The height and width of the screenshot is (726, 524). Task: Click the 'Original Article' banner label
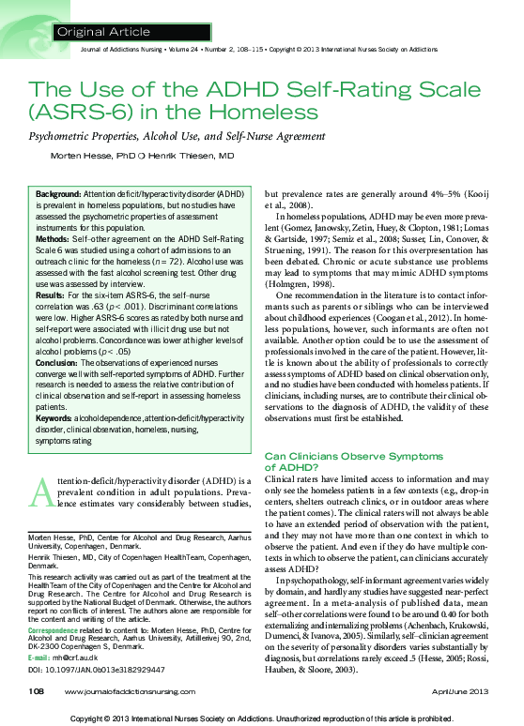click(103, 32)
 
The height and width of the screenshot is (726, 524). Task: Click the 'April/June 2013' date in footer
click(467, 691)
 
